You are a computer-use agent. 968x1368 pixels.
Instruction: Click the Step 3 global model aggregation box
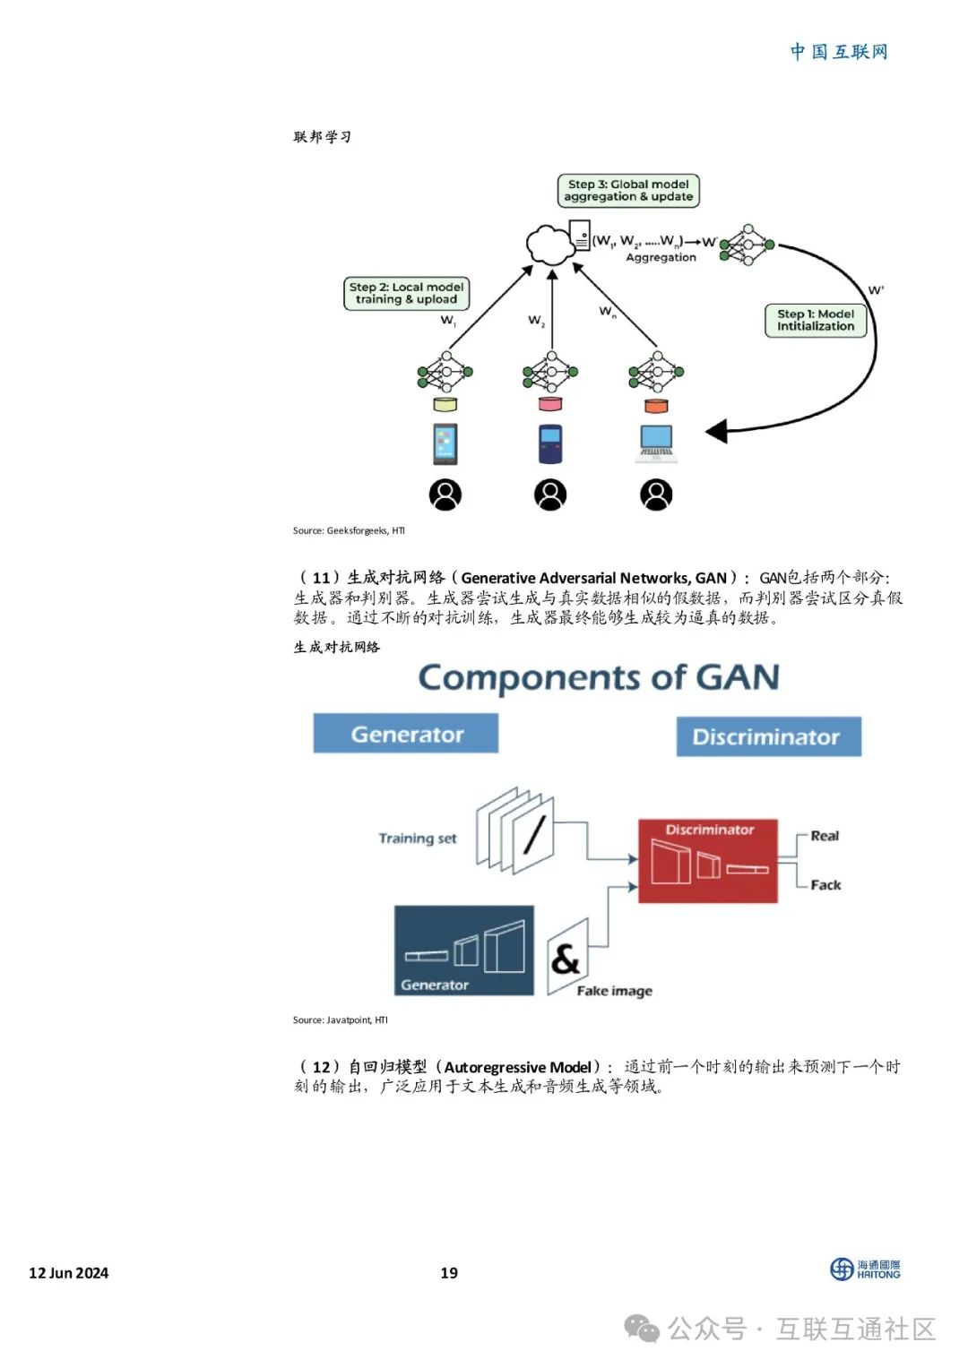(x=628, y=191)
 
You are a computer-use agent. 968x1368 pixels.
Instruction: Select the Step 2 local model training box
(x=406, y=294)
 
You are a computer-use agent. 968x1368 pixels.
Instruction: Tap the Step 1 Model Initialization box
(x=816, y=321)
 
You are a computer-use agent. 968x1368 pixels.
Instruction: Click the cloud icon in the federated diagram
(x=549, y=243)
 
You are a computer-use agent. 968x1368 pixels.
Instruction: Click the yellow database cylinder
(x=445, y=404)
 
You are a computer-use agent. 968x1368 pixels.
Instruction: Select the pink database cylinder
(x=550, y=404)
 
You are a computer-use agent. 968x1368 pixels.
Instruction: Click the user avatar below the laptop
(x=656, y=495)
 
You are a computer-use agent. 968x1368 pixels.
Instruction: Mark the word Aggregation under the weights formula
(x=661, y=258)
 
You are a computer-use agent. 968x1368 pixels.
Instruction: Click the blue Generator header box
(x=406, y=735)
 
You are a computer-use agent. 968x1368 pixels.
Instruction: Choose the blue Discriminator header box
(x=768, y=737)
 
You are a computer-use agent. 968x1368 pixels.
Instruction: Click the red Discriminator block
(x=708, y=861)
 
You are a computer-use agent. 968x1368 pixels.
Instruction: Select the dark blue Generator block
(x=464, y=951)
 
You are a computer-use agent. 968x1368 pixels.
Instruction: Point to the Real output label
(x=825, y=836)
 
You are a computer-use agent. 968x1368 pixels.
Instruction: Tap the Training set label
(x=418, y=839)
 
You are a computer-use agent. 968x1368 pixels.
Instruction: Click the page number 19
(x=449, y=1273)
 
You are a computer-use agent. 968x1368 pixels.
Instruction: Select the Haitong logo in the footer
(x=865, y=1269)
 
